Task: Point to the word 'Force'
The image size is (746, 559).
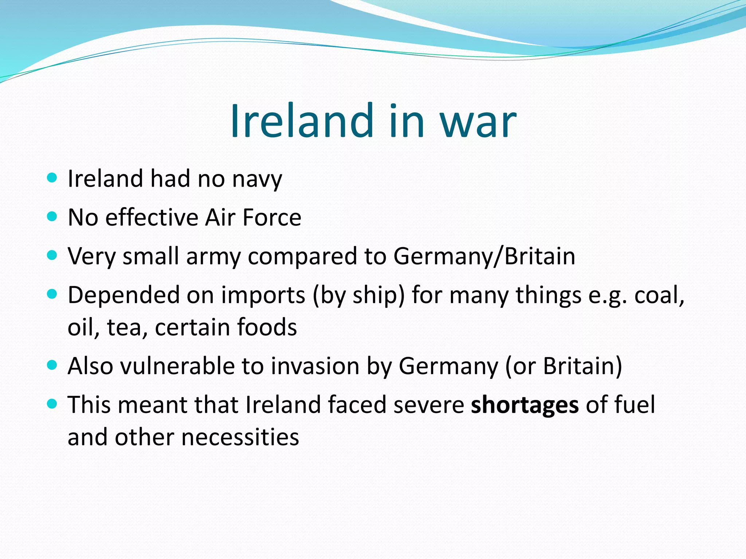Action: pos(272,218)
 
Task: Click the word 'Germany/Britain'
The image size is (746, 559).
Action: pos(484,256)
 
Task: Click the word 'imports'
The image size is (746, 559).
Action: pos(263,295)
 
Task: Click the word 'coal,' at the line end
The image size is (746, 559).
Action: pos(660,295)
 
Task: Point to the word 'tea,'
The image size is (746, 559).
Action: pos(127,327)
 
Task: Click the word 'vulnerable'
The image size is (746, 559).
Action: pos(177,366)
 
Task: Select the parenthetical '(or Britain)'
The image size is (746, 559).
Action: pos(564,366)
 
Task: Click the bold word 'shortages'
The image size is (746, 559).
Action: pos(525,405)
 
